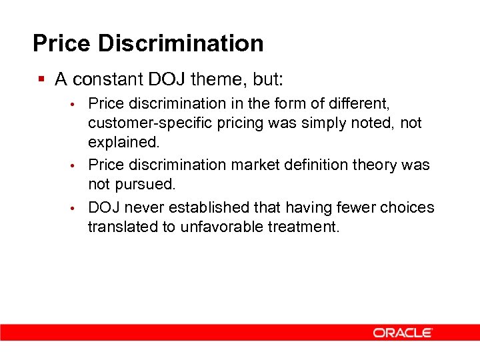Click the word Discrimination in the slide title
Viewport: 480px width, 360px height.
181,43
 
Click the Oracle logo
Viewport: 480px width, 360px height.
403,332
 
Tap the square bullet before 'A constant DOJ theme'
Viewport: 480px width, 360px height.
41,79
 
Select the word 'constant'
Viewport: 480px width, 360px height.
106,80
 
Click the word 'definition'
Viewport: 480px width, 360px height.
315,165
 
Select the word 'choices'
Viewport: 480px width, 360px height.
407,207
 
